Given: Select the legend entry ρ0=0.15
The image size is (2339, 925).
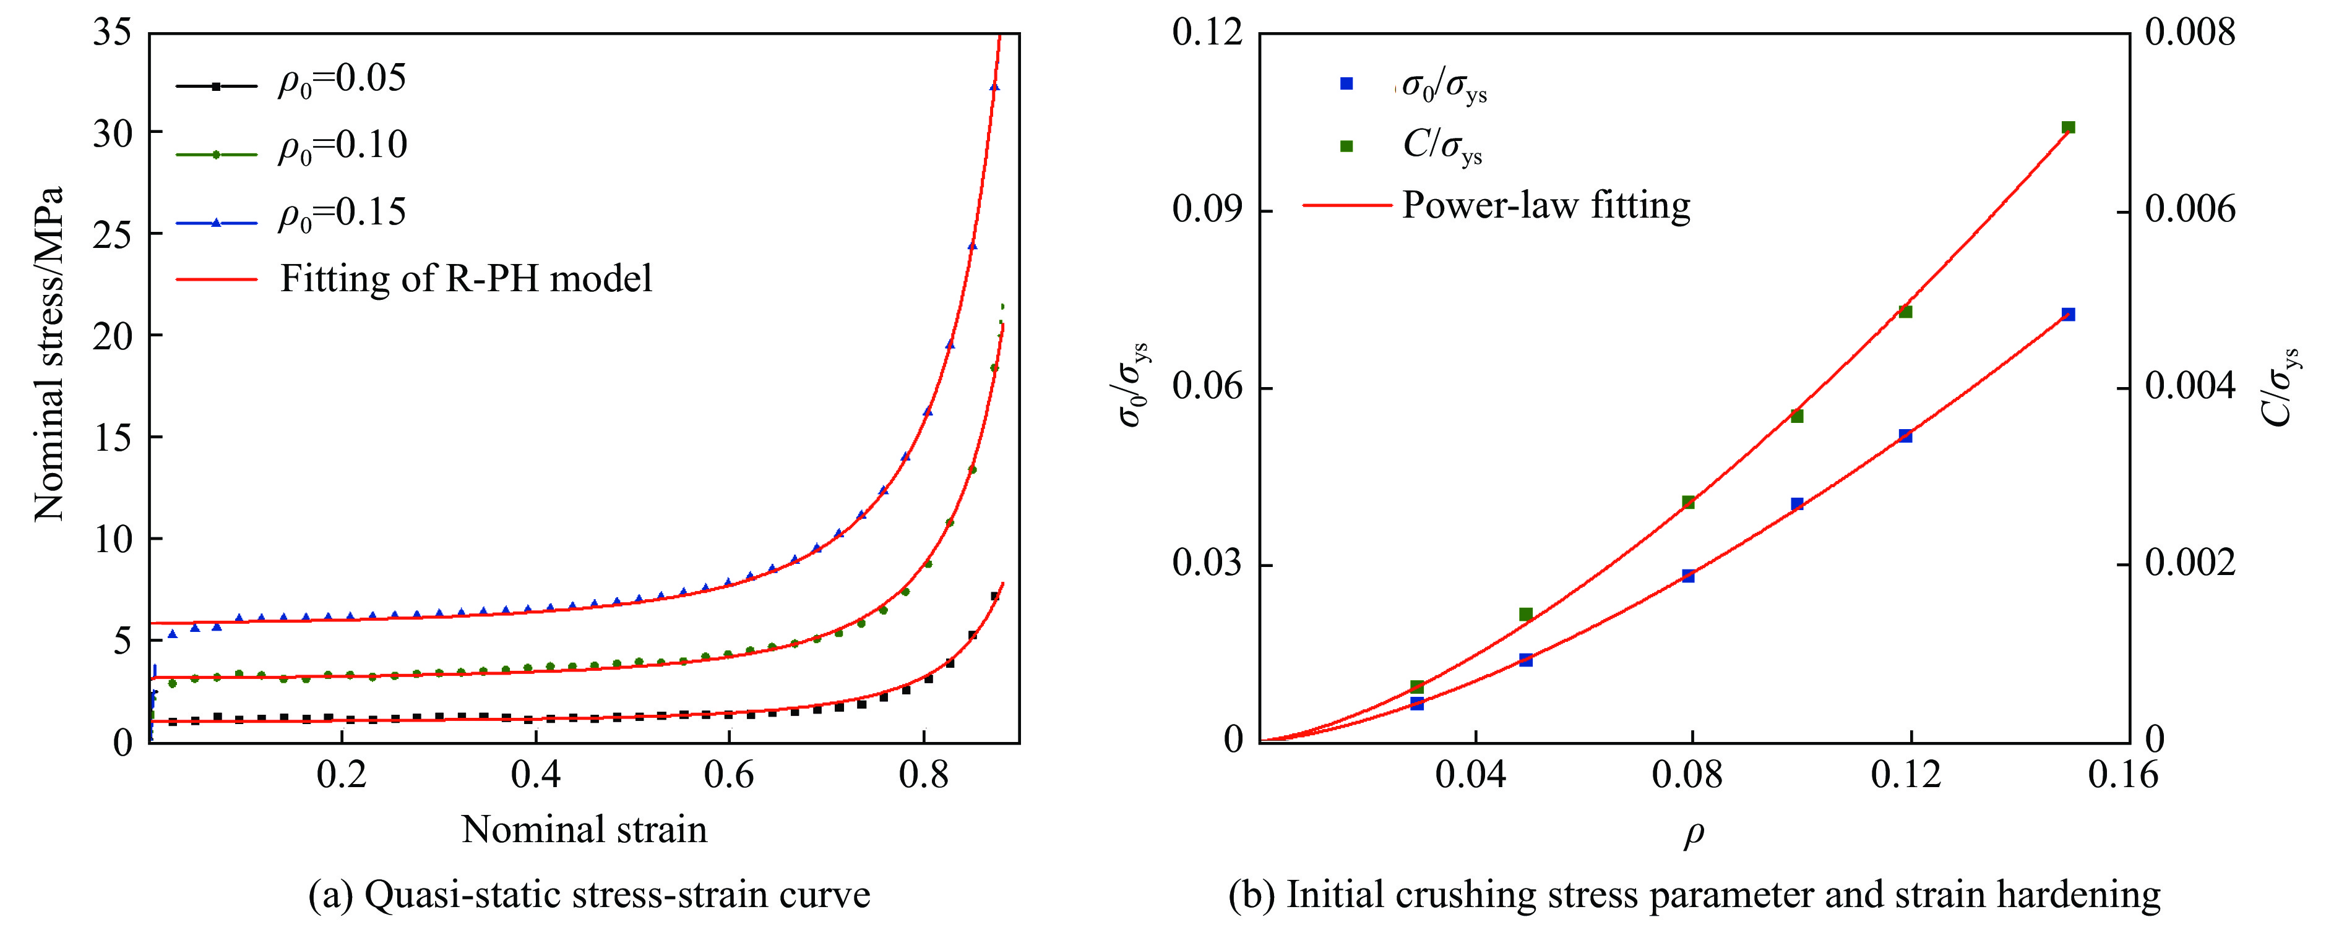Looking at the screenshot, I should (342, 214).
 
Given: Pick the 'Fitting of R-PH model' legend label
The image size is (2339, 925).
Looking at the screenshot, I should (466, 279).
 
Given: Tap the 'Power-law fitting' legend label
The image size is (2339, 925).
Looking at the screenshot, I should (1546, 205).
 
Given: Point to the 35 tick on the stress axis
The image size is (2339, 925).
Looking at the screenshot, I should (113, 33).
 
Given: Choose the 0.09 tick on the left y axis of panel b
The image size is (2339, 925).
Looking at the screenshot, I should (1208, 210).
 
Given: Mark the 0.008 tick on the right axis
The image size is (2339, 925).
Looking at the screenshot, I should (2190, 33).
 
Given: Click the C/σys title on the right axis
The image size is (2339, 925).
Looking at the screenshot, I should (2281, 386).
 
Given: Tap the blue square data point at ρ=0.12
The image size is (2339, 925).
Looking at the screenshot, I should (1905, 437).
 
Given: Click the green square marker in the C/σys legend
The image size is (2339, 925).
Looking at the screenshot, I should (1346, 146).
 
